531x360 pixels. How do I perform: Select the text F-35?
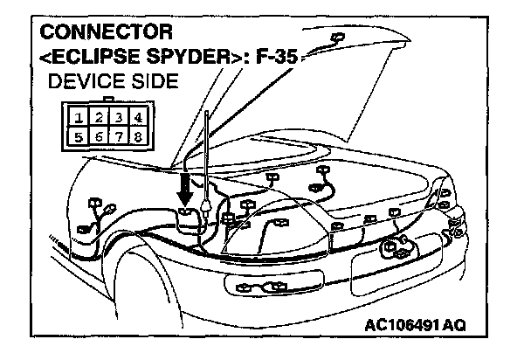pos(271,59)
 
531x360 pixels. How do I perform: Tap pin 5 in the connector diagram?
pos(79,137)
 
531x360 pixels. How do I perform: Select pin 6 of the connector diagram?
pos(99,137)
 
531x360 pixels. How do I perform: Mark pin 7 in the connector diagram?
pos(119,137)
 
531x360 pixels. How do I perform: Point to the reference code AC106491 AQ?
pos(416,324)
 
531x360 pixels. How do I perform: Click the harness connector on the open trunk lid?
pos(335,38)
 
